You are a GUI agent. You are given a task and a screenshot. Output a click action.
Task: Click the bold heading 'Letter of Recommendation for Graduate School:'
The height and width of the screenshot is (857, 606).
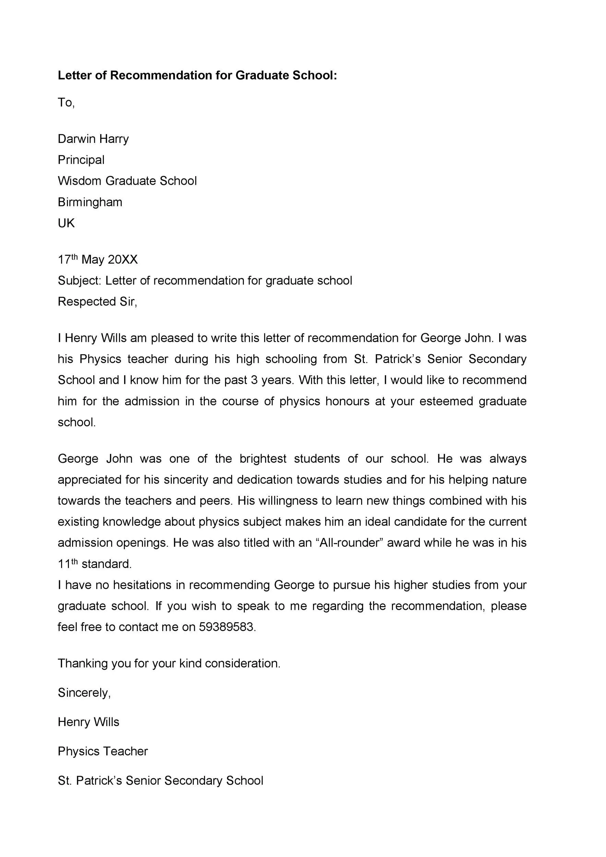click(197, 75)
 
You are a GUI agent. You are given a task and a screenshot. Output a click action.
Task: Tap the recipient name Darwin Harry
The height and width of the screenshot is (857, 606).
click(93, 139)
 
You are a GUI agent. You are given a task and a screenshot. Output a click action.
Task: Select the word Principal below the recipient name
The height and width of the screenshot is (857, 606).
click(81, 160)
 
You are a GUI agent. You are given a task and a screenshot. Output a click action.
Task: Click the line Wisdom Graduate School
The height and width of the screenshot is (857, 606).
click(127, 181)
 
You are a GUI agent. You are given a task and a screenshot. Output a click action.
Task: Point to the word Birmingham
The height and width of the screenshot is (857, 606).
click(90, 202)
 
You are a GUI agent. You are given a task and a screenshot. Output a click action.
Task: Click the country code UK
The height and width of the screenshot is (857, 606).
click(66, 223)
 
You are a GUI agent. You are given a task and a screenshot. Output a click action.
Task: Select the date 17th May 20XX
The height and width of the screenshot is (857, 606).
click(97, 259)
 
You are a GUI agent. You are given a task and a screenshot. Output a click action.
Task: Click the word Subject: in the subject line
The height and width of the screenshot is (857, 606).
click(79, 280)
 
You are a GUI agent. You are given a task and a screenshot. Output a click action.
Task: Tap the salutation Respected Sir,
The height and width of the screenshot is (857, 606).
click(97, 301)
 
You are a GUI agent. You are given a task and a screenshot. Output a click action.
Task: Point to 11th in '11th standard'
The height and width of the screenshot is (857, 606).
click(67, 563)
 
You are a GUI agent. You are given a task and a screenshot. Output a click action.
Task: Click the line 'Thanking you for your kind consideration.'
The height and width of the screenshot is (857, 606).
click(169, 663)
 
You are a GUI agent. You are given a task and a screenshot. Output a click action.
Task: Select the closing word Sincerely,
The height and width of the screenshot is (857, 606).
click(84, 692)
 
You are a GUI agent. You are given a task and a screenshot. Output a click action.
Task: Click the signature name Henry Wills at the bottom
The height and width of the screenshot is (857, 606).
click(88, 722)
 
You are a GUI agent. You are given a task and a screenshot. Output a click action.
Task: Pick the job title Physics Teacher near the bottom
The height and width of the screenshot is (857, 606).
click(103, 751)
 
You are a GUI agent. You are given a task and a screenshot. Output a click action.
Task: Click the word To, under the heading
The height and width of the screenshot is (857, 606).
click(66, 102)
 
